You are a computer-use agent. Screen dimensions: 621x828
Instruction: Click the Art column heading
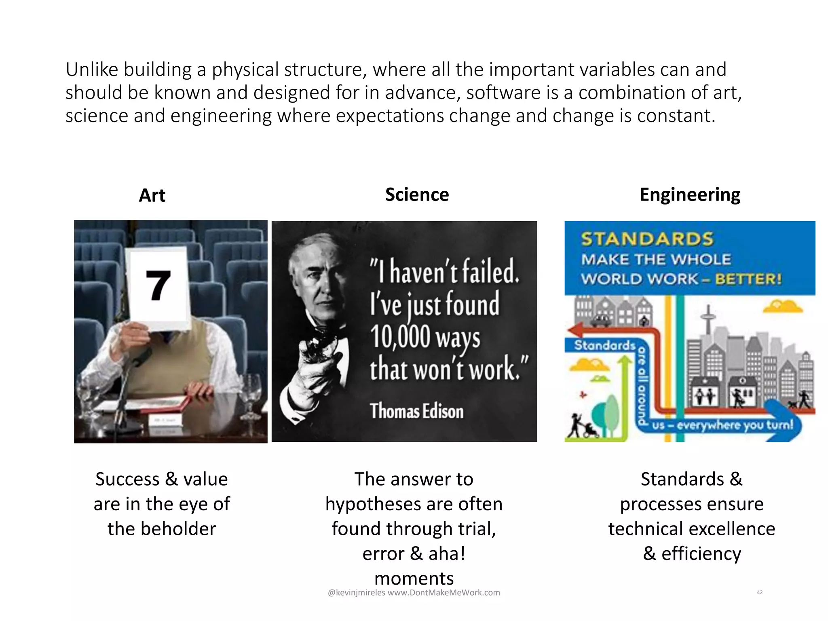tap(152, 196)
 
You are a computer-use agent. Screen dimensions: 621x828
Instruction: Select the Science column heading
tap(417, 195)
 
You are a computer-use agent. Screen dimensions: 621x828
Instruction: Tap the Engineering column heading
tap(690, 195)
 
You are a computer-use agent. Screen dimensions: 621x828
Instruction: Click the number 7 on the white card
tap(158, 286)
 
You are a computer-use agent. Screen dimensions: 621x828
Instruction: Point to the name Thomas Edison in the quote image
tap(416, 411)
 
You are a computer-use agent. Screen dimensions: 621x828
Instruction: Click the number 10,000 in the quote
tap(400, 336)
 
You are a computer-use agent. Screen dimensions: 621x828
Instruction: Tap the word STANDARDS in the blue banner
tap(647, 239)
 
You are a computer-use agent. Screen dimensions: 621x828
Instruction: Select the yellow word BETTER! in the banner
tap(748, 279)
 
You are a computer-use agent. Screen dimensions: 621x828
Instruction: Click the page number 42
tap(760, 592)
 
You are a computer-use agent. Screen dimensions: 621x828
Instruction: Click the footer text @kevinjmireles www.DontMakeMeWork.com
tap(414, 593)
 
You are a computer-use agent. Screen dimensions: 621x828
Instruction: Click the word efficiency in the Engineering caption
tap(701, 553)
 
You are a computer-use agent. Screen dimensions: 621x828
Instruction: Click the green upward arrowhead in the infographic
tap(625, 361)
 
